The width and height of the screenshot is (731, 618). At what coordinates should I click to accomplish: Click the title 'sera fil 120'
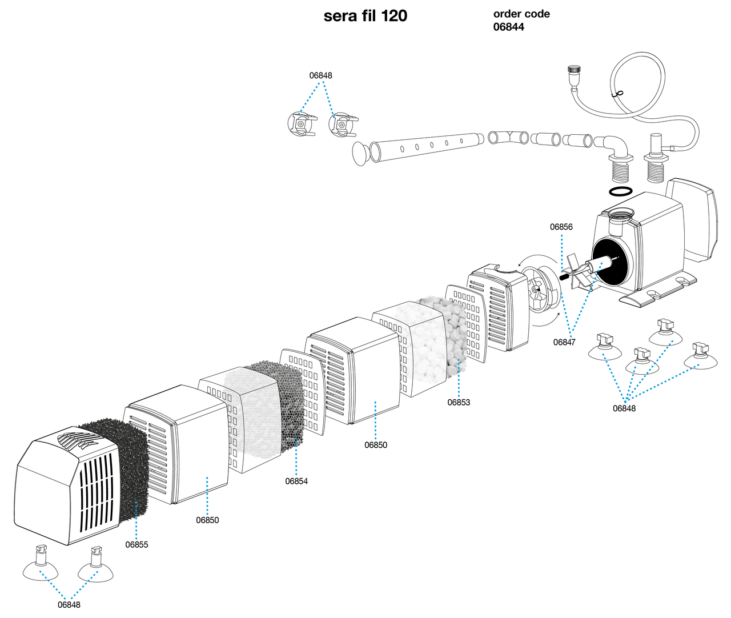(365, 16)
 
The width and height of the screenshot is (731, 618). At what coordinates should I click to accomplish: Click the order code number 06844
(508, 27)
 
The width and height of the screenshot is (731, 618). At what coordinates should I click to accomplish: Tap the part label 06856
(561, 227)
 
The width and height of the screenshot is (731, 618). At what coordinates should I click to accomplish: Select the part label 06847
(564, 342)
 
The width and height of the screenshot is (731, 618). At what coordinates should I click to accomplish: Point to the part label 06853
(459, 402)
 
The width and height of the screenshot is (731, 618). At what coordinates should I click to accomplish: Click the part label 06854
(296, 481)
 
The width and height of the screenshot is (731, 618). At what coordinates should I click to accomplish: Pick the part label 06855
(136, 544)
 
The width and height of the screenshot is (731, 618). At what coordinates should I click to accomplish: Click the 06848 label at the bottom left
(69, 605)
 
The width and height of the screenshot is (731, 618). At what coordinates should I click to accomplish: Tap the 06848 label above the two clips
(320, 75)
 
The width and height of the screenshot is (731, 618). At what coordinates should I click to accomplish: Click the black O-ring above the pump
(621, 191)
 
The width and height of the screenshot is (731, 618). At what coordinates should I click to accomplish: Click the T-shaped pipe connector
(508, 137)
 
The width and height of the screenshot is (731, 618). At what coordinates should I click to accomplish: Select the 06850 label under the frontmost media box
(207, 520)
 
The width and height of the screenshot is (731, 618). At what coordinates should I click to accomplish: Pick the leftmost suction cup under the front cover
(40, 565)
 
